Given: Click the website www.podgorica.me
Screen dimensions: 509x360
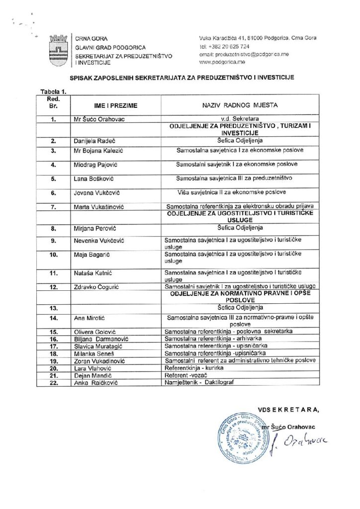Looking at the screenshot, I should [x=217, y=63].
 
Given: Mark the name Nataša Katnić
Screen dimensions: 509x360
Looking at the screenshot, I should [x=94, y=273].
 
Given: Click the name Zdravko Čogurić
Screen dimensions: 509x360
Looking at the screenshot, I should [x=97, y=287].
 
